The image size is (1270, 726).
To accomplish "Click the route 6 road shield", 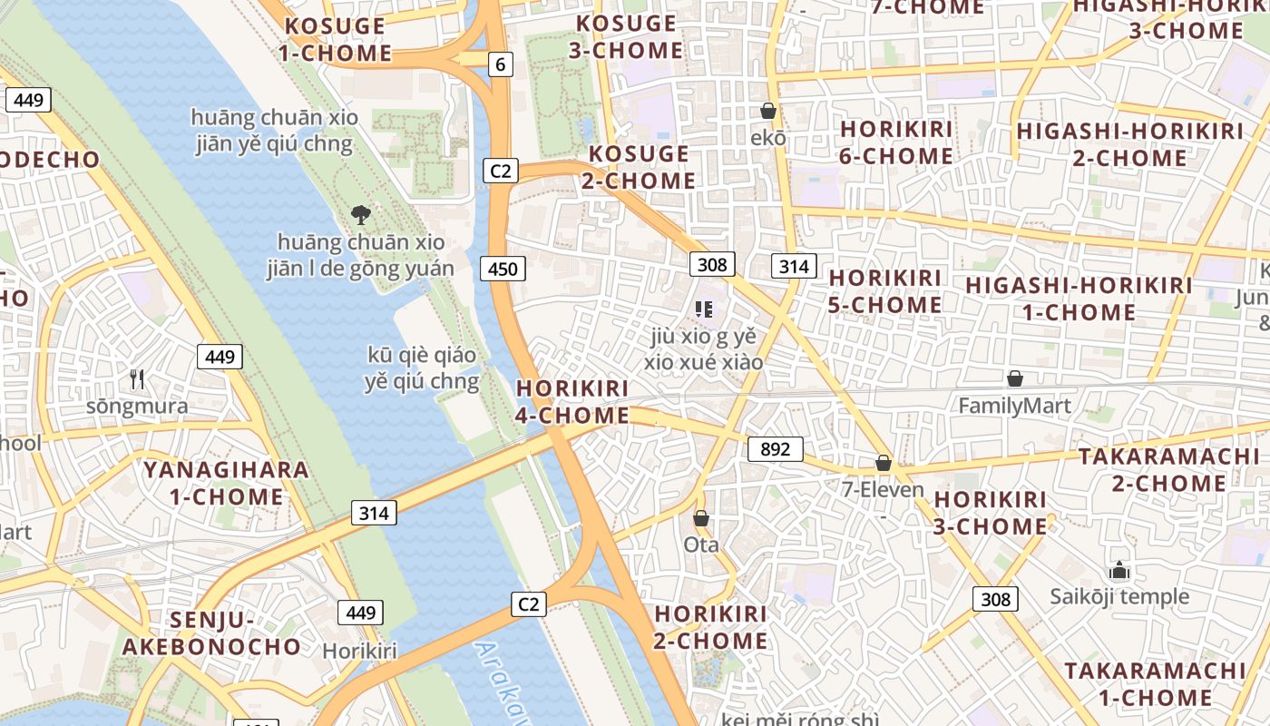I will [x=500, y=64].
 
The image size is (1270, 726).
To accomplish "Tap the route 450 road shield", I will [x=503, y=269].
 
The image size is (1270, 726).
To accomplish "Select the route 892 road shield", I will [x=776, y=449].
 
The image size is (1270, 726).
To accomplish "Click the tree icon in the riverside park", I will [x=361, y=215].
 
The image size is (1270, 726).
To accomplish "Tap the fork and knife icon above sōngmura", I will [x=137, y=378].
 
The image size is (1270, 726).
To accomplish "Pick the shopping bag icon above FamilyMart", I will [x=1015, y=378].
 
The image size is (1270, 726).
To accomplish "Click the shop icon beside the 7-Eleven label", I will [x=883, y=464].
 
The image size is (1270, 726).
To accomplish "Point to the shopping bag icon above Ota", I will [x=700, y=518].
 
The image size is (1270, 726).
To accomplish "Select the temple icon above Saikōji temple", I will [x=1119, y=570].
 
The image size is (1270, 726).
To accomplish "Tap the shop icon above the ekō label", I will [x=768, y=112].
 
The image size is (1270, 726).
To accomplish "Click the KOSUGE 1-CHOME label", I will [x=335, y=39].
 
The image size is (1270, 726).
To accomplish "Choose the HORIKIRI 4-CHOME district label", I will [x=572, y=402].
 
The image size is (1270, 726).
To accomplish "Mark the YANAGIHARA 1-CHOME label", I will [x=226, y=483].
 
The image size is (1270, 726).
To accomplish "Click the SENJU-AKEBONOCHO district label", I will [x=211, y=633].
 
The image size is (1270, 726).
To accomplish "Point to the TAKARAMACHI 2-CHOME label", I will [x=1168, y=469].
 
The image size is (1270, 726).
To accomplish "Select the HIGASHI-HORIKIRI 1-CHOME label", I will [x=1079, y=299].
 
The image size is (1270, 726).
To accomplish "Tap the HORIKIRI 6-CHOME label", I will [x=896, y=142].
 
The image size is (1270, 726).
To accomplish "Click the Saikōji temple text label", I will [x=1119, y=596].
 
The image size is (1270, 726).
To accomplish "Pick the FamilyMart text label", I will [x=1015, y=406].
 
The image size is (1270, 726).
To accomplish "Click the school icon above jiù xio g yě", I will [x=704, y=309].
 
